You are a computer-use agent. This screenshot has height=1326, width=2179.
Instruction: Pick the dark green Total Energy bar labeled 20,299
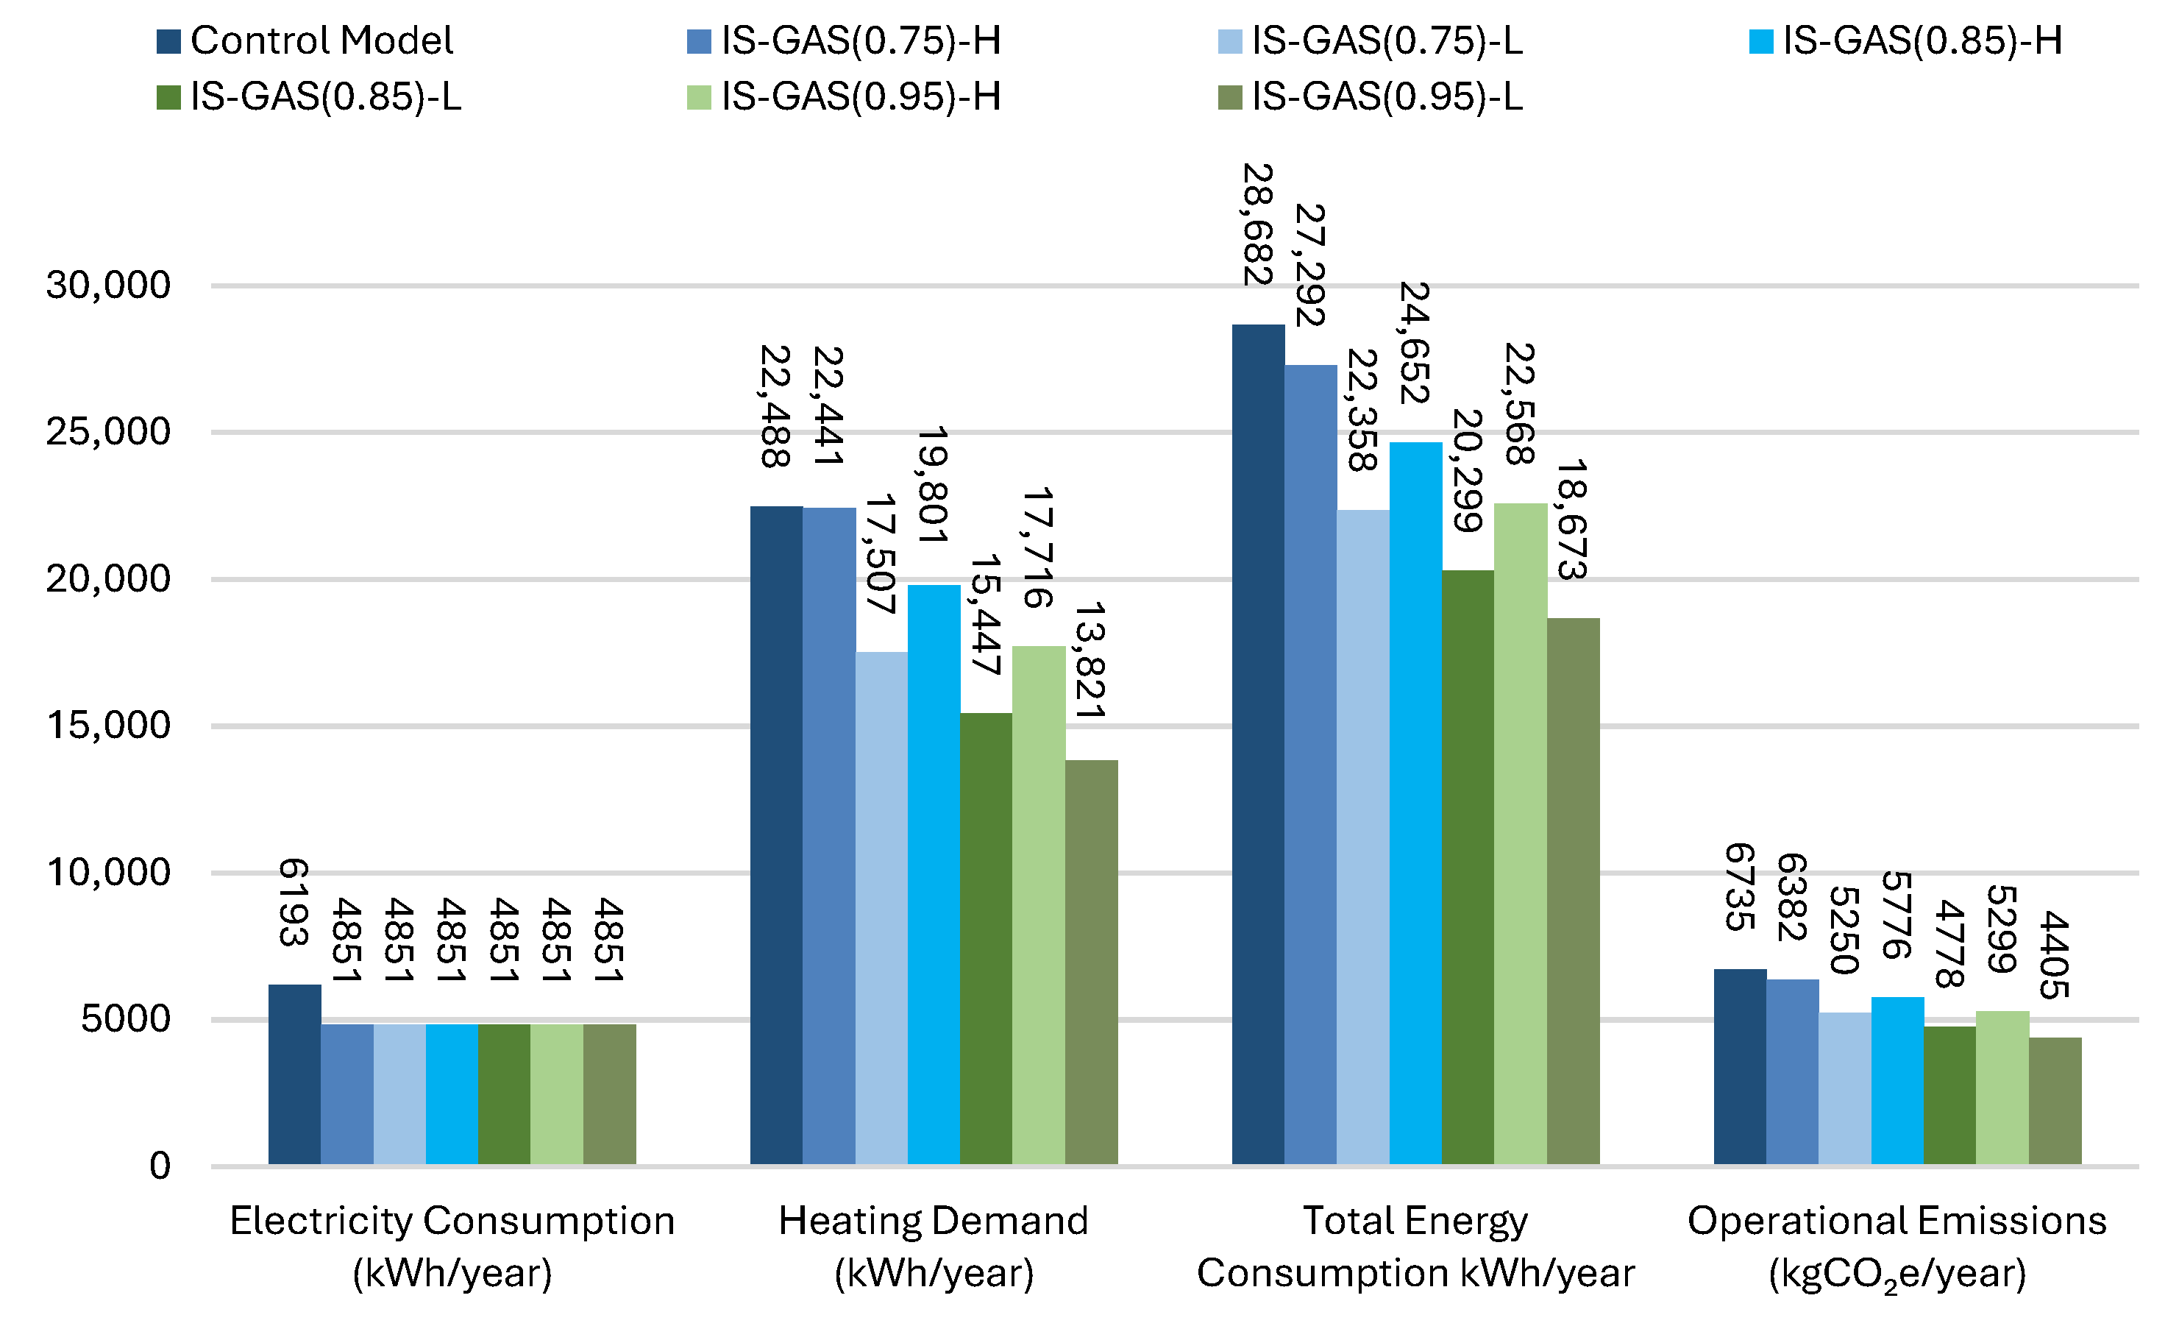pos(1467,867)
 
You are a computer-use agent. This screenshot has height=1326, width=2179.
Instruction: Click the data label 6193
pos(294,902)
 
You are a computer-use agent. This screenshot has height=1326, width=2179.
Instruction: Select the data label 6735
pos(1740,887)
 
